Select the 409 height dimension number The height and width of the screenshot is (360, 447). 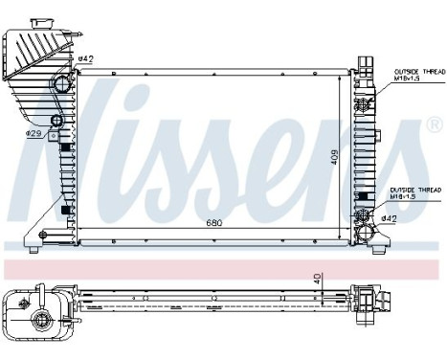point(333,156)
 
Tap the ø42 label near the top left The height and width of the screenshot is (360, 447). point(85,59)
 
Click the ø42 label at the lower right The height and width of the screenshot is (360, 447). point(390,219)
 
